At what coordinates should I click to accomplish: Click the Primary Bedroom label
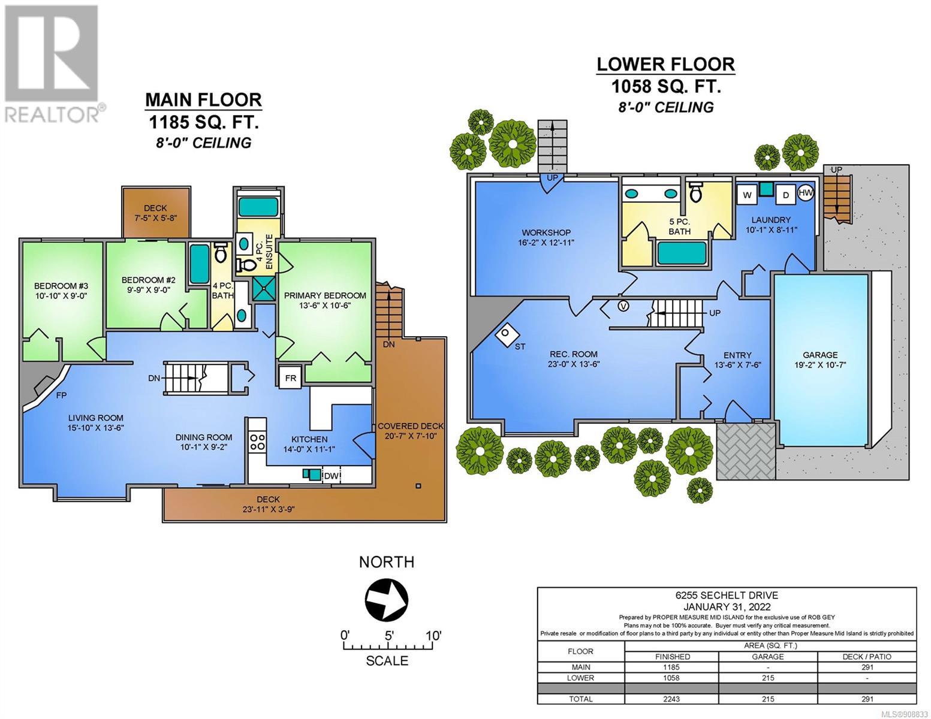[325, 295]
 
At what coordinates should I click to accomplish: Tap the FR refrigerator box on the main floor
[291, 378]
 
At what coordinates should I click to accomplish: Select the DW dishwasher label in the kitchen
[330, 475]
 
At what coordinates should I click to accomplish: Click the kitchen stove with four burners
[257, 442]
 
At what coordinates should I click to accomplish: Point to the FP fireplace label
[61, 395]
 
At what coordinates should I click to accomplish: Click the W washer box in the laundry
[747, 195]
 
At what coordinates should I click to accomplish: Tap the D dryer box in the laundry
[786, 195]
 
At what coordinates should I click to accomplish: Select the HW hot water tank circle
[806, 193]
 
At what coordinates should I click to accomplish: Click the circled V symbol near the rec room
[624, 306]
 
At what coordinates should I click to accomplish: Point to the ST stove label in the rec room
[520, 346]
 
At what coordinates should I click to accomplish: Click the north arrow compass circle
[386, 600]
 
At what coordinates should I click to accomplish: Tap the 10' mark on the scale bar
[433, 636]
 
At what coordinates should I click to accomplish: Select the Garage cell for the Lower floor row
[768, 678]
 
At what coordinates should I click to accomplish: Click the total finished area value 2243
[671, 699]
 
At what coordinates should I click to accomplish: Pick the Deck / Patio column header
[867, 657]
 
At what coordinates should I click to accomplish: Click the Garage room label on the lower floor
[820, 355]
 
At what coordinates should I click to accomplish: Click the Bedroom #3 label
[61, 286]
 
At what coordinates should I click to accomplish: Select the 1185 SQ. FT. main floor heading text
[203, 123]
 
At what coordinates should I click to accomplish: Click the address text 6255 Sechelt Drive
[727, 595]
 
